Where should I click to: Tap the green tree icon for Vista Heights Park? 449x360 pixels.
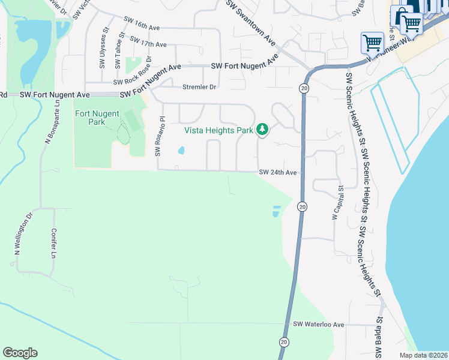(x=262, y=129)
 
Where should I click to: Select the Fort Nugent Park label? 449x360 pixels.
(x=97, y=118)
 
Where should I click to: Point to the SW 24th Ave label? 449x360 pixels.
(x=278, y=173)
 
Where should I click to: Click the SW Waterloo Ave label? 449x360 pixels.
(x=318, y=325)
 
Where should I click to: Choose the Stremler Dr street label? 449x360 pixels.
(x=199, y=87)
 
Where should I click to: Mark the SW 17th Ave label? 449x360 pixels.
(x=148, y=44)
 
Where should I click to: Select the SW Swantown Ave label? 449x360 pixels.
(x=251, y=23)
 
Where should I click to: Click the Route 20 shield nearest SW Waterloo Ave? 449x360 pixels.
(x=283, y=341)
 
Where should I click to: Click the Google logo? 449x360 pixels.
(x=20, y=353)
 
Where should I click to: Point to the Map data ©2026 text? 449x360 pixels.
(x=424, y=355)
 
